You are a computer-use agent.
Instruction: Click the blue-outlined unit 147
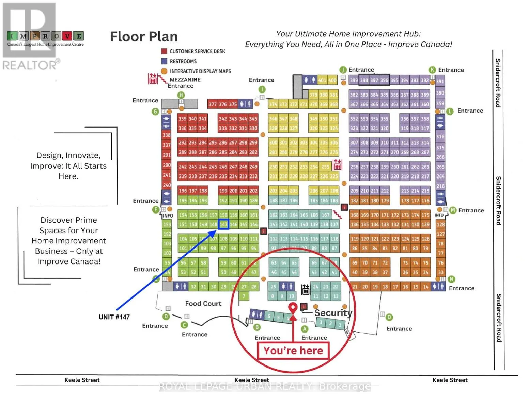point(223,224)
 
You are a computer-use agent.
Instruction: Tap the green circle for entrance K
point(432,70)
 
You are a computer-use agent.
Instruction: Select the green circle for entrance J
point(343,70)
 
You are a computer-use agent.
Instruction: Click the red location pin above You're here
point(293,308)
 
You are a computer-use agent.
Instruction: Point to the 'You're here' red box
point(293,351)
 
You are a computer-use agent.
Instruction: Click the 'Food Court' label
point(203,304)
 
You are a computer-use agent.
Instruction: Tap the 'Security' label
point(333,313)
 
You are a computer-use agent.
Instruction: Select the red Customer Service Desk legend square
point(164,51)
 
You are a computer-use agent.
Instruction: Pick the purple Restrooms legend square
point(164,61)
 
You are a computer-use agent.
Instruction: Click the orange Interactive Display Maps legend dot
point(164,71)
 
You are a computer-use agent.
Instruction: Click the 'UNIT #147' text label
point(114,317)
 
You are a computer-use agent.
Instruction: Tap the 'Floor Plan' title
point(144,37)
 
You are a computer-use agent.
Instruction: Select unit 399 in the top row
point(354,80)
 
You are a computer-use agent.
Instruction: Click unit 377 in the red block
point(213,104)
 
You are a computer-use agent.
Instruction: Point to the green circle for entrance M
point(453,210)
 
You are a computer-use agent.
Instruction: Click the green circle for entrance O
point(389,317)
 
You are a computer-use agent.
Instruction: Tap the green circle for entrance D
point(166,317)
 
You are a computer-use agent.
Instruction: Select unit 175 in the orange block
point(425,215)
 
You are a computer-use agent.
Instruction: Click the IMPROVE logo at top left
point(45,36)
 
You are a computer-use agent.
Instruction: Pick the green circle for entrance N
point(451,279)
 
